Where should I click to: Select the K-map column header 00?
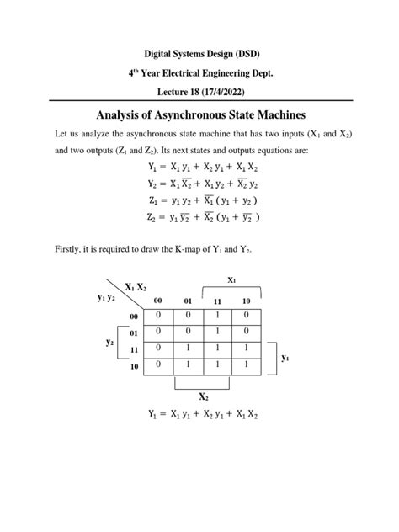click(155, 301)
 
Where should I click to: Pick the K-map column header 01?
click(188, 301)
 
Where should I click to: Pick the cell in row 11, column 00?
click(155, 348)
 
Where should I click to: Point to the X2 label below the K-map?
click(204, 396)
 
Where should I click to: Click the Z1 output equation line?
click(199, 199)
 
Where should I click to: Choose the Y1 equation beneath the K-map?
click(199, 413)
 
